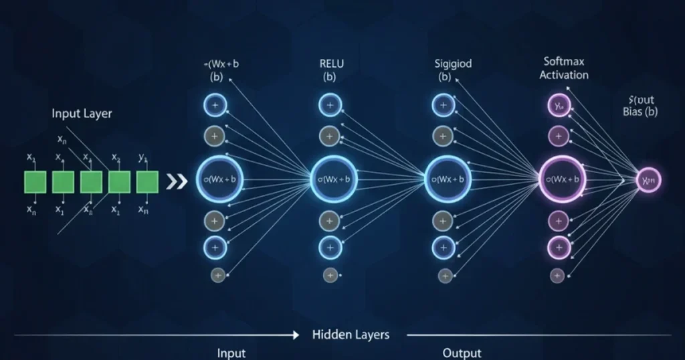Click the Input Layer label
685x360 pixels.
82,114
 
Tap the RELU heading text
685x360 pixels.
329,64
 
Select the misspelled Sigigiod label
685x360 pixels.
453,64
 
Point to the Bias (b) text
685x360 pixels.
640,112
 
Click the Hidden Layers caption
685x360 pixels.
351,334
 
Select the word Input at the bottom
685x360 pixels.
231,353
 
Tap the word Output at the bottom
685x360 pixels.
462,353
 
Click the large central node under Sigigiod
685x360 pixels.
445,179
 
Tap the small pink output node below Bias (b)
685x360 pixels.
648,180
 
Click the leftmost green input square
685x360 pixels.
35,181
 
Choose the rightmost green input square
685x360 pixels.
147,181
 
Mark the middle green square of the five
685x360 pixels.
91,181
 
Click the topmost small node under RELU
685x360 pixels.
329,104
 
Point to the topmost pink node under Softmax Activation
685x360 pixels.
558,104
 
